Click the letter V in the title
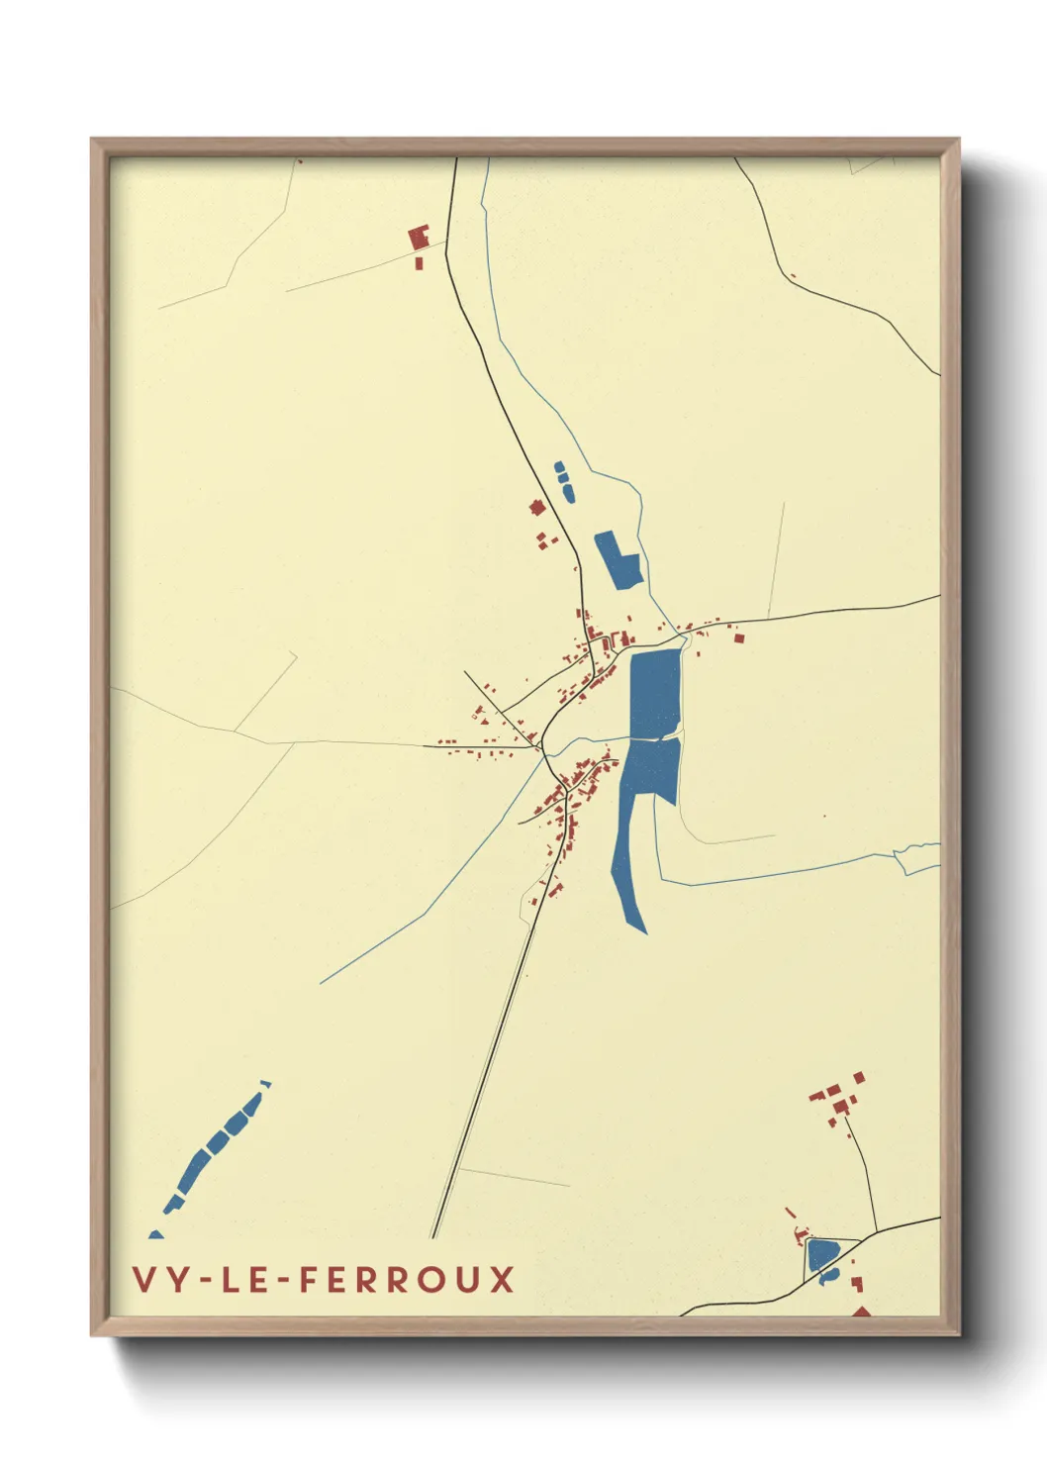[x=143, y=1279]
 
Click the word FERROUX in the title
[x=406, y=1279]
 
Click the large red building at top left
[x=419, y=239]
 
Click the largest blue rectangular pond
[x=654, y=693]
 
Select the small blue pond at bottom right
[x=821, y=1255]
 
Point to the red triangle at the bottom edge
[x=861, y=1312]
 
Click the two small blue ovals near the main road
[x=563, y=479]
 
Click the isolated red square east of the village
[x=738, y=638]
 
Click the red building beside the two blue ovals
[x=537, y=508]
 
